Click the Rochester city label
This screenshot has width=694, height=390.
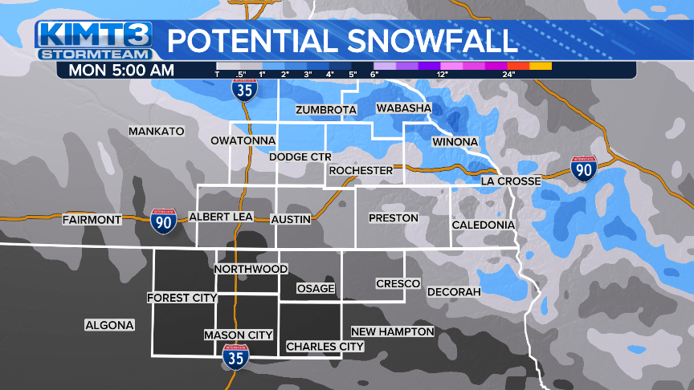361,170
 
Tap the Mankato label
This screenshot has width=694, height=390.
157,131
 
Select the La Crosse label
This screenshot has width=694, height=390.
511,181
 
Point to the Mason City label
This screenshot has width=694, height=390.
239,335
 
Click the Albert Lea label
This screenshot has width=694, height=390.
221,217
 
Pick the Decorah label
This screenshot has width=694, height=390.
454,291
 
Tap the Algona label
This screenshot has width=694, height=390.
110,325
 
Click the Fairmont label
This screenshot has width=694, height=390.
92,219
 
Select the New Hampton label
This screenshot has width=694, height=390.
393,331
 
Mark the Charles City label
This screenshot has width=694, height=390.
325,347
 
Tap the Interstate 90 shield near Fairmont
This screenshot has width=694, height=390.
163,221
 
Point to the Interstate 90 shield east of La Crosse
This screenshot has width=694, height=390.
584,169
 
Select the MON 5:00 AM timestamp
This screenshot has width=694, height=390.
121,70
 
